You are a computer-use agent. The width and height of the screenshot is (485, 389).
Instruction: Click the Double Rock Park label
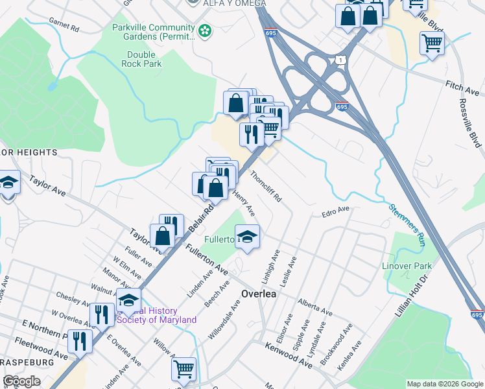pos(141,59)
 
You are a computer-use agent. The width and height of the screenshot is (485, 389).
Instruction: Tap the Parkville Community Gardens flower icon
pos(205,30)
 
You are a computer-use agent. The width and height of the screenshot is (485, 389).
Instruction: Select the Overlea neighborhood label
pos(259,293)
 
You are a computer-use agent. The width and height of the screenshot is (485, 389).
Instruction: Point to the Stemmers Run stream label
pos(407,225)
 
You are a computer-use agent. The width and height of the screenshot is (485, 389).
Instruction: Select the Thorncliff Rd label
pos(266,185)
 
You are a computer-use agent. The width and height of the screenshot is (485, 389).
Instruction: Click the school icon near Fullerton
pos(247,236)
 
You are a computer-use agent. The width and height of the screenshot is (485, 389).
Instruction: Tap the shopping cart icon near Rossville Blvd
pos(431,43)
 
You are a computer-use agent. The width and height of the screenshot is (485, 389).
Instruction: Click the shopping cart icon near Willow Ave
pos(184,369)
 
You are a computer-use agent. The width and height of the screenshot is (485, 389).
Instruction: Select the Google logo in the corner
pos(21,381)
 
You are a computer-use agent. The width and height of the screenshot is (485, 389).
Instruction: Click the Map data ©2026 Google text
pos(444,384)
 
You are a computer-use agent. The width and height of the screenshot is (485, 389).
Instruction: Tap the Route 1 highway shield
pos(339,60)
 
